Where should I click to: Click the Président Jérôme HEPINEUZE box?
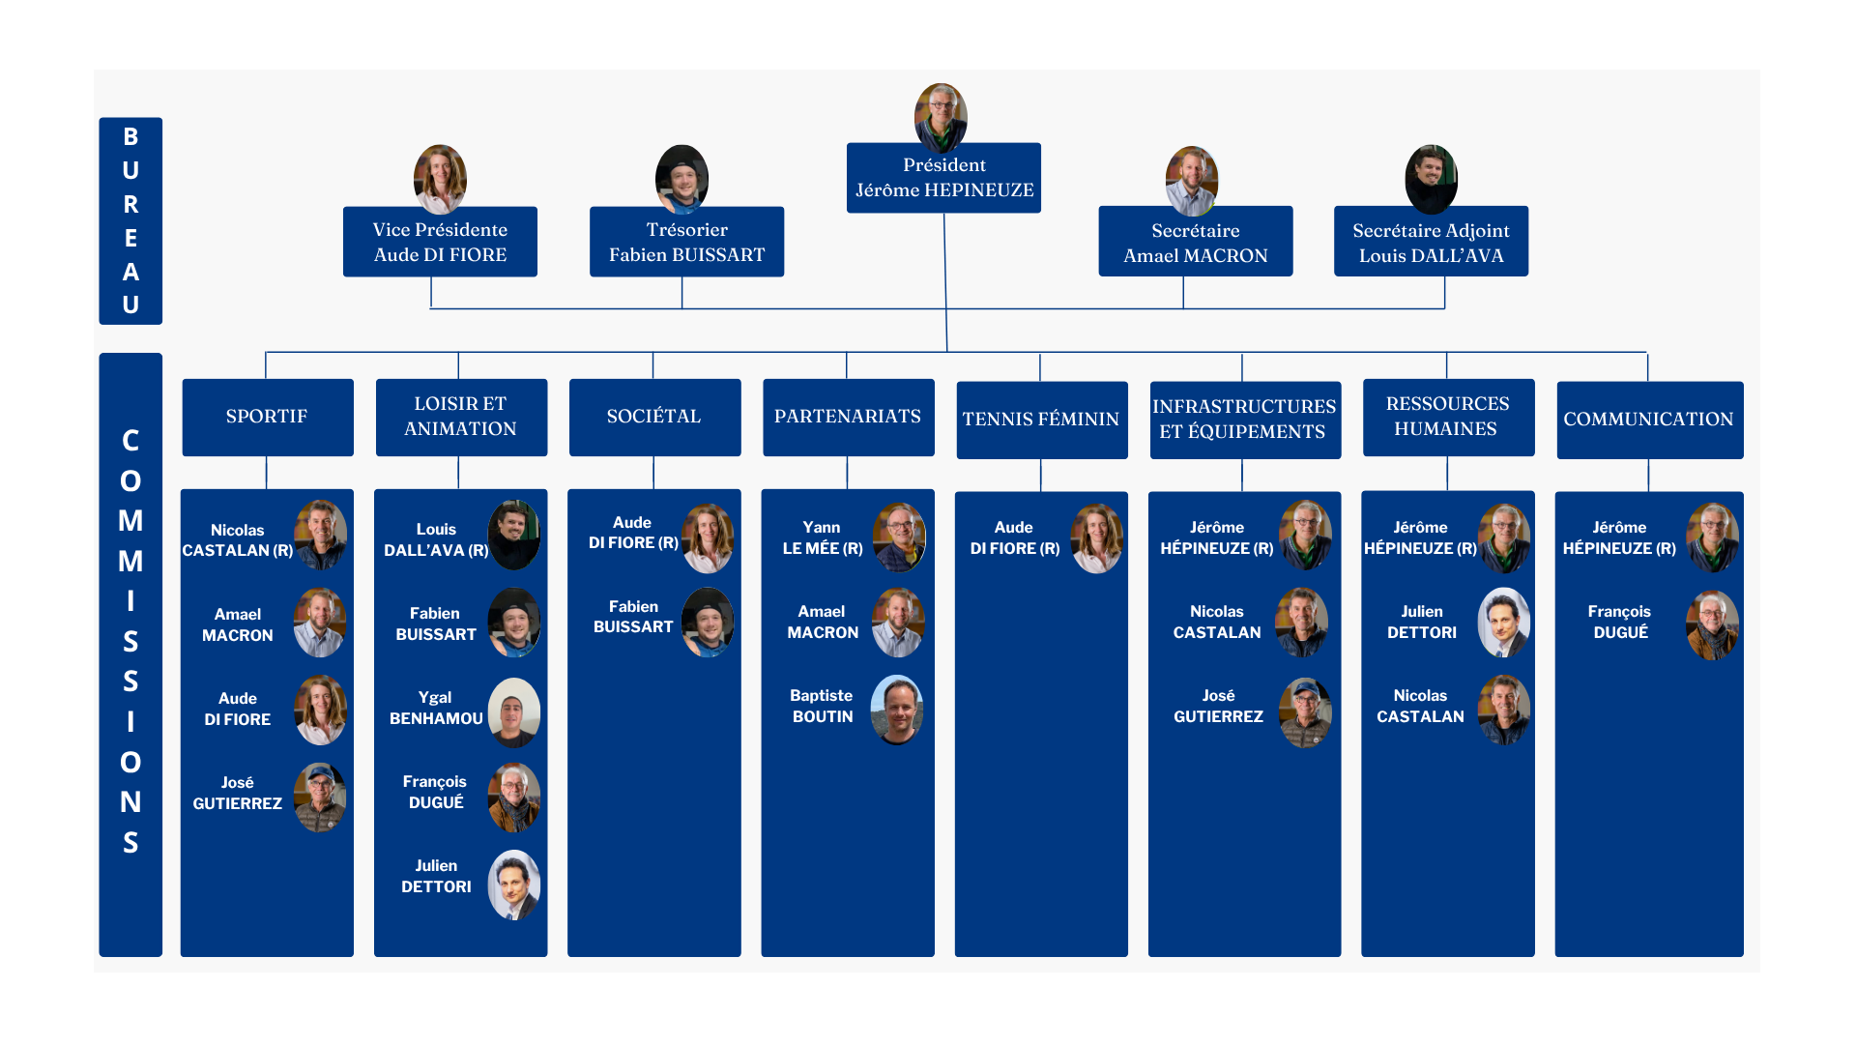click(x=943, y=178)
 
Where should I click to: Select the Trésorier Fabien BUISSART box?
click(x=686, y=242)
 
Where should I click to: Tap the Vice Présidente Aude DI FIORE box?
click(x=440, y=242)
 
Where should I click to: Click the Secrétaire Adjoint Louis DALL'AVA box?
click(x=1431, y=242)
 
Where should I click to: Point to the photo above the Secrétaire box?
click(x=1191, y=181)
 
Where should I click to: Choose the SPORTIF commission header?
click(x=267, y=417)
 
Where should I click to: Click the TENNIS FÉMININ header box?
click(x=1041, y=420)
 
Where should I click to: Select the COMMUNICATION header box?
click(x=1648, y=420)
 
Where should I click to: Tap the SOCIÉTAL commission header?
click(x=654, y=417)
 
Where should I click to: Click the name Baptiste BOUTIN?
click(x=822, y=706)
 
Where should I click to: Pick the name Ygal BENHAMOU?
click(x=436, y=708)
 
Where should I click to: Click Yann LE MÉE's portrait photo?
click(x=899, y=537)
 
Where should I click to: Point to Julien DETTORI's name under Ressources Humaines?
click(x=1421, y=622)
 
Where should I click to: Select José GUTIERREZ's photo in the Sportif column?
click(x=320, y=797)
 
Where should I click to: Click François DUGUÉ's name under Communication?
click(x=1619, y=622)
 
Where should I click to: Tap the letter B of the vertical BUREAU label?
click(x=130, y=136)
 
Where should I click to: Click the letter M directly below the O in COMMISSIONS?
click(x=130, y=521)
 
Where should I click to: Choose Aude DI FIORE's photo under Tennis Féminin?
click(x=1096, y=538)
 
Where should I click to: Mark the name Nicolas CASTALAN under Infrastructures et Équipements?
click(x=1217, y=622)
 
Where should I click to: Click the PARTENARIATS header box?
click(x=848, y=417)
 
